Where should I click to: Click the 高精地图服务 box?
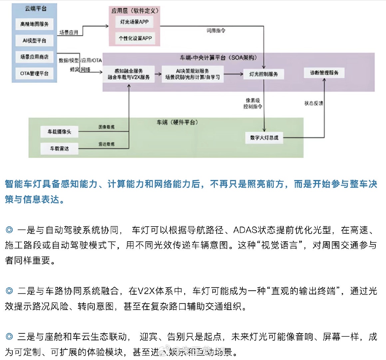34,24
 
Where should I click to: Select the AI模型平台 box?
34,41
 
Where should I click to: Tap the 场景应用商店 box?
34,57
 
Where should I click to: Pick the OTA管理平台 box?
34,73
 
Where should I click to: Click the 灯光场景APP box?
135,22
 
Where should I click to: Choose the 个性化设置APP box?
135,38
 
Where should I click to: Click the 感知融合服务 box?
129,74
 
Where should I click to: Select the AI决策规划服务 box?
193,74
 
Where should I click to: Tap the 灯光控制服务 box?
263,74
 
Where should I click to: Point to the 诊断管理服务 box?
324,73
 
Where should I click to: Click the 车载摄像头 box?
59,132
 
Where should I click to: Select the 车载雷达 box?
59,148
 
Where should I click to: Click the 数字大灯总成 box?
264,138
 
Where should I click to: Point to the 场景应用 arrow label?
69,32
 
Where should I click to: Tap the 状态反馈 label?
313,103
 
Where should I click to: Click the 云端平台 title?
36,9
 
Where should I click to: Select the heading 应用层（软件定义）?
135,11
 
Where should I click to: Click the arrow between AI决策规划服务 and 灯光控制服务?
233,74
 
